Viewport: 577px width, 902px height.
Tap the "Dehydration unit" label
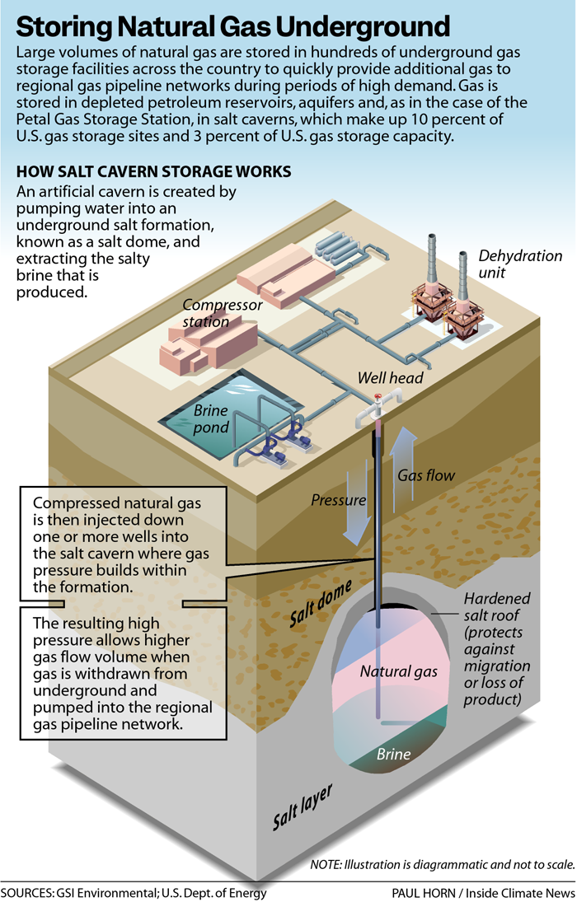(x=520, y=264)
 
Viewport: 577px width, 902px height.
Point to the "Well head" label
(x=390, y=379)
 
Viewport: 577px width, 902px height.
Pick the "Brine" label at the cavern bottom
(x=393, y=753)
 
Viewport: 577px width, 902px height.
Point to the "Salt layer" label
(x=303, y=806)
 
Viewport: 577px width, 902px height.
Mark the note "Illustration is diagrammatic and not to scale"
(x=442, y=865)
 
